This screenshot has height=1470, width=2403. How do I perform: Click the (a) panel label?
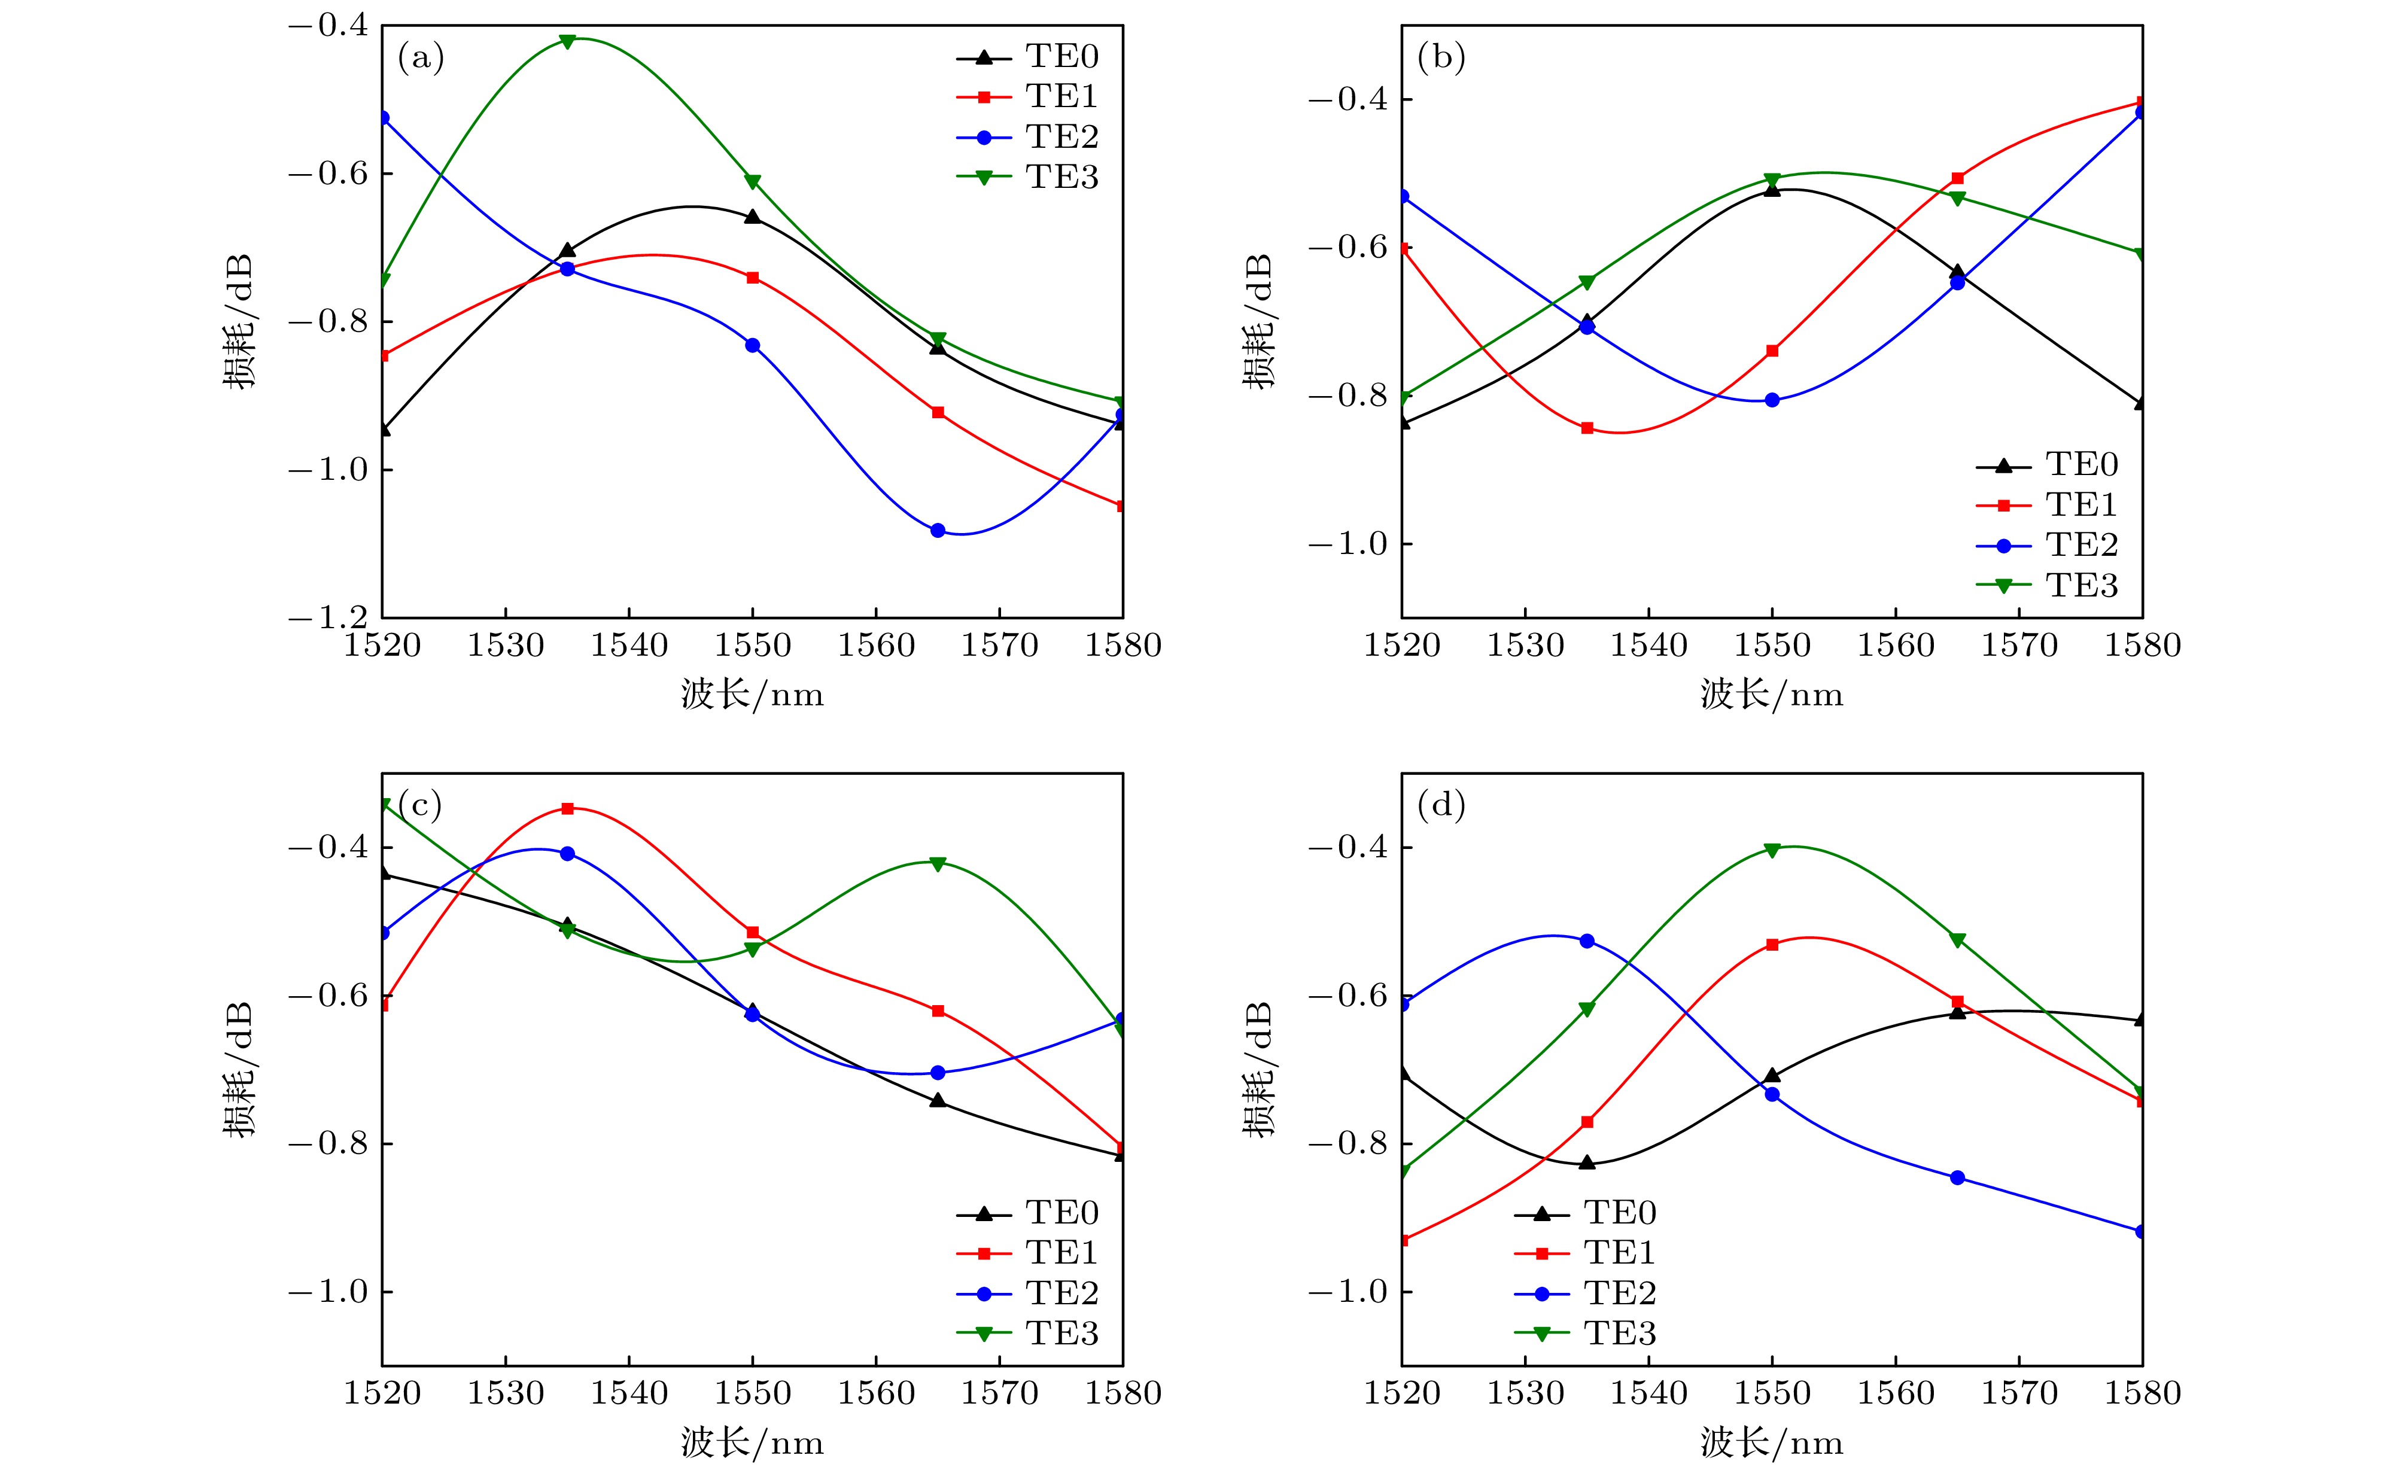coord(420,59)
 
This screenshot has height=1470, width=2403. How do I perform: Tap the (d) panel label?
coord(1440,806)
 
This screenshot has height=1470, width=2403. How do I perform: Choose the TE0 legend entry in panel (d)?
coord(1619,1213)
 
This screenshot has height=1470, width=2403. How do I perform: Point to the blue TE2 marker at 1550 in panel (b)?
coord(1772,400)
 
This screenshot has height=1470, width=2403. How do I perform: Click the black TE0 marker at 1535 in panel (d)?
coord(1587,1162)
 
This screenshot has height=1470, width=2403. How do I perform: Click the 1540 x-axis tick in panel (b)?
coord(1648,646)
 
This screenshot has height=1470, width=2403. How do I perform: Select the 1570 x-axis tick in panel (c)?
coord(1000,1393)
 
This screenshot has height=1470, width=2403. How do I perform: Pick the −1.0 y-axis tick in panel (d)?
coord(1347,1292)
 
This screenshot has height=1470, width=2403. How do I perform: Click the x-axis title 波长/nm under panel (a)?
coord(752,695)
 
